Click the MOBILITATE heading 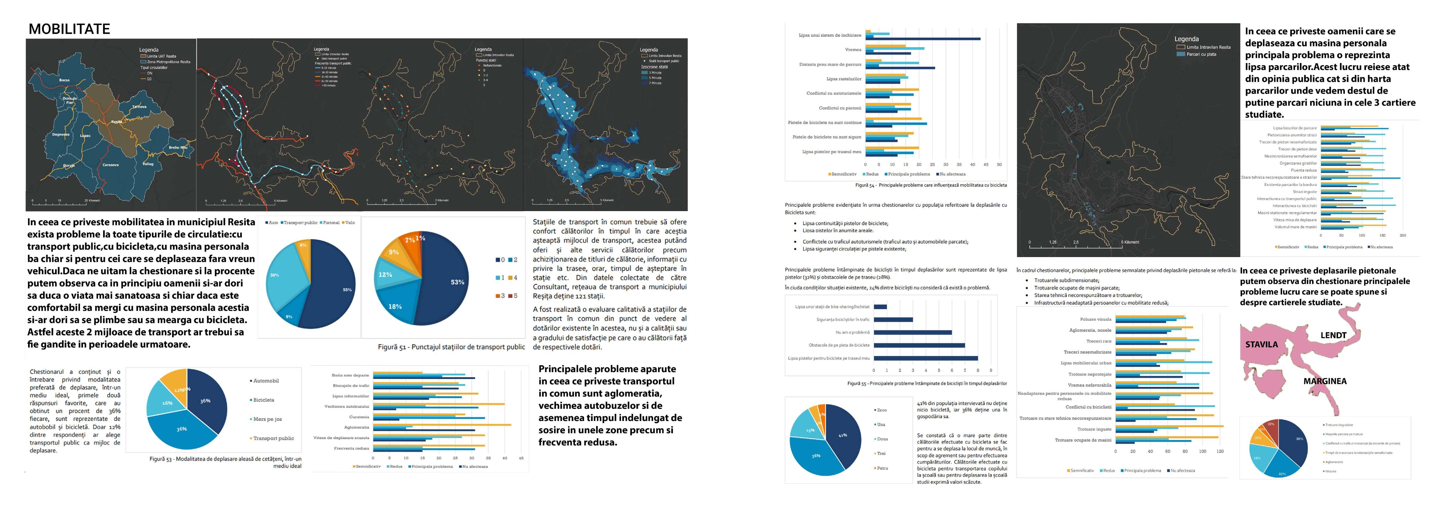click(70, 29)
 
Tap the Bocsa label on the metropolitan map click(64, 80)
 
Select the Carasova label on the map click(110, 165)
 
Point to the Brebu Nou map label click(178, 148)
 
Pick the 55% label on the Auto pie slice click(347, 290)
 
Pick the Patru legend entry click(882, 468)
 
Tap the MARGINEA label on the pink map click(1325, 381)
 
